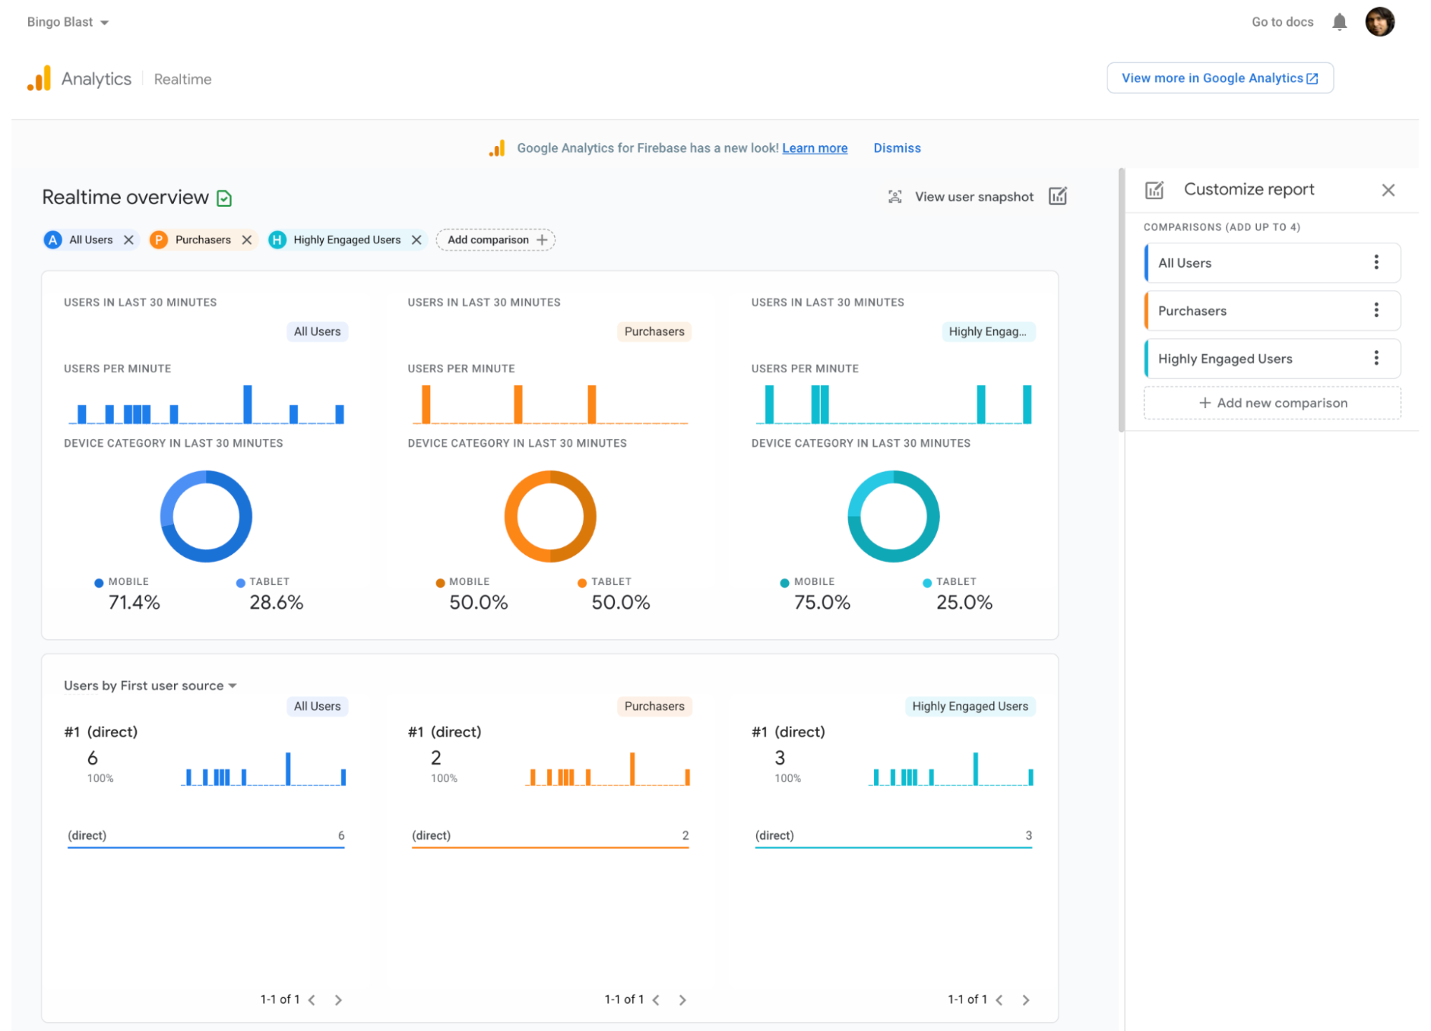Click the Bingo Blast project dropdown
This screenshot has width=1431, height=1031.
67,22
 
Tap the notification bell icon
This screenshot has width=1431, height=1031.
1339,22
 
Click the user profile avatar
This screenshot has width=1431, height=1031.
1379,22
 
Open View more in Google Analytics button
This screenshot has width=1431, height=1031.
1219,78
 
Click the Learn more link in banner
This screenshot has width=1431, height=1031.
814,148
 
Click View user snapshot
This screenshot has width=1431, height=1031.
973,197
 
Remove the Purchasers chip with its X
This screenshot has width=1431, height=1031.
247,240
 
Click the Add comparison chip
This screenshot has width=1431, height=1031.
495,240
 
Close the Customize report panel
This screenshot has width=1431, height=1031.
1387,190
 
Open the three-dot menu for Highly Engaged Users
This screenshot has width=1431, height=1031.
1376,358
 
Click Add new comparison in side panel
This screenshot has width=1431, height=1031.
1272,403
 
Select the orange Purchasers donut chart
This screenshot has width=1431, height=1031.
550,516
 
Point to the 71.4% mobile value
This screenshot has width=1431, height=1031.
134,602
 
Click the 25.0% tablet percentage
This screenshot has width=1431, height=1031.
964,602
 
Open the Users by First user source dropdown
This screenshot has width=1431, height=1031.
150,686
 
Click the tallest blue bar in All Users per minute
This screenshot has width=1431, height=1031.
247,405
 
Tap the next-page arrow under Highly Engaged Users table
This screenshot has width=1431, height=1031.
1025,999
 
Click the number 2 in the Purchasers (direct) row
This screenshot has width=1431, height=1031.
685,836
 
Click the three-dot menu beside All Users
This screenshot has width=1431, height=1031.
1376,262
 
